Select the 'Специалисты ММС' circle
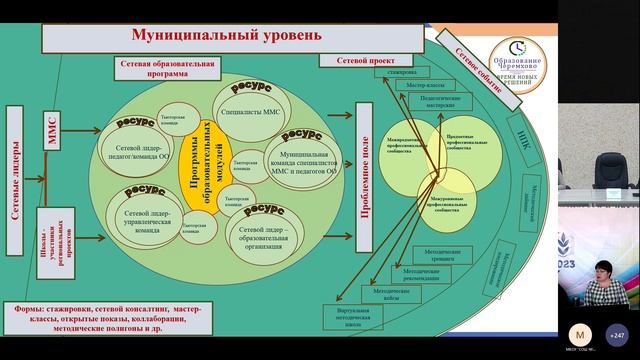click(x=249, y=113)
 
